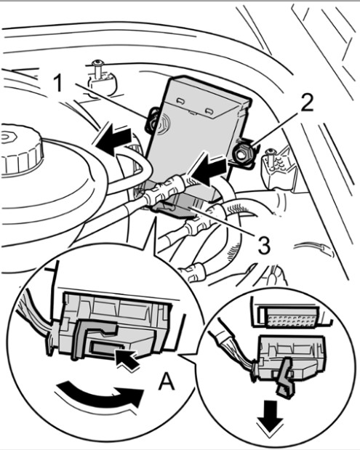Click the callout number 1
58,82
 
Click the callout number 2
307,103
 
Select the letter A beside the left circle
167,382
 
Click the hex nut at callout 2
243,153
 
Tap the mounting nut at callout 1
153,121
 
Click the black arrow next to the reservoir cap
113,138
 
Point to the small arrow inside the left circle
127,358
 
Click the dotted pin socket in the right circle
292,317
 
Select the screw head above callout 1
98,63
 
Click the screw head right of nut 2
270,151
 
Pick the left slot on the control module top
180,100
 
